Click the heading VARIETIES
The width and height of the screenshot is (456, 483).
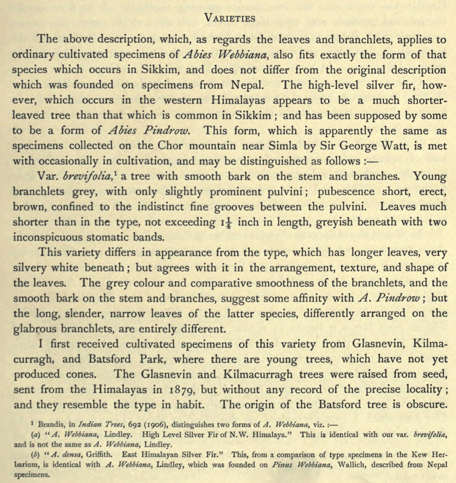[x=229, y=18]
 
